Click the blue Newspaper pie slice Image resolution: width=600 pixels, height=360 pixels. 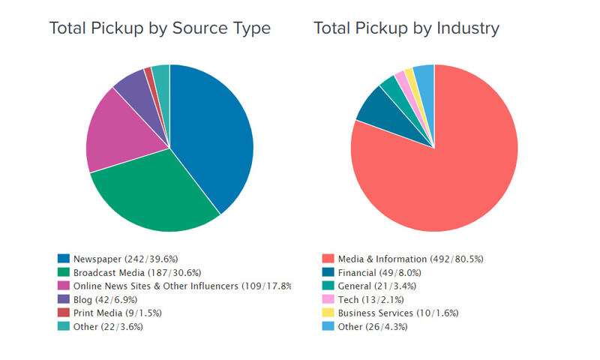pyautogui.click(x=214, y=135)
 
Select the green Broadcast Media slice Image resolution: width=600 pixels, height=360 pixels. pyautogui.click(x=154, y=195)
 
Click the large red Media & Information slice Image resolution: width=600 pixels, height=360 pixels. pyautogui.click(x=442, y=165)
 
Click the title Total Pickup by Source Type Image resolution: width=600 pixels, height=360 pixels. pyautogui.click(x=160, y=28)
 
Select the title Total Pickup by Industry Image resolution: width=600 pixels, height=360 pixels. pyautogui.click(x=406, y=28)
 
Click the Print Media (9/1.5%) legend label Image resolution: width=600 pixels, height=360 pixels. pyautogui.click(x=117, y=313)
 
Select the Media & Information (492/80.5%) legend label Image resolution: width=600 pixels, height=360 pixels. pyautogui.click(x=410, y=259)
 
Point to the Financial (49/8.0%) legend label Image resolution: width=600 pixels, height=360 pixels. pyautogui.click(x=379, y=272)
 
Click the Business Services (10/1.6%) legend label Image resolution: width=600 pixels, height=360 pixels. pyautogui.click(x=397, y=313)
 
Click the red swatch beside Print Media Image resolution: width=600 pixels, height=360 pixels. pyautogui.click(x=63, y=313)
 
